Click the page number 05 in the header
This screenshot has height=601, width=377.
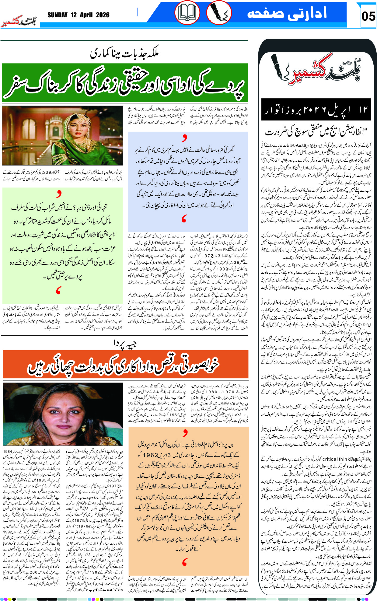(x=368, y=16)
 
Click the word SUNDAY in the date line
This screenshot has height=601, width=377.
(x=57, y=15)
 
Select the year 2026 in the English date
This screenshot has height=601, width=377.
(x=103, y=15)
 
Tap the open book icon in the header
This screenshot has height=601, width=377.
(x=187, y=13)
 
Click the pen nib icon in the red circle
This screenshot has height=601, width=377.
(x=219, y=13)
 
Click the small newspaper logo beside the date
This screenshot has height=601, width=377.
(x=19, y=22)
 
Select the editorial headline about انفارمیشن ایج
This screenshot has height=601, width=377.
(x=316, y=132)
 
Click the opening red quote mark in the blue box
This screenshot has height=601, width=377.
(x=184, y=138)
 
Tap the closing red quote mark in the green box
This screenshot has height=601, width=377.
(x=59, y=290)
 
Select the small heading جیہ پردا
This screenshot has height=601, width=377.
(x=125, y=343)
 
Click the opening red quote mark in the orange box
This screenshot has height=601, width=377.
(x=185, y=432)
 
